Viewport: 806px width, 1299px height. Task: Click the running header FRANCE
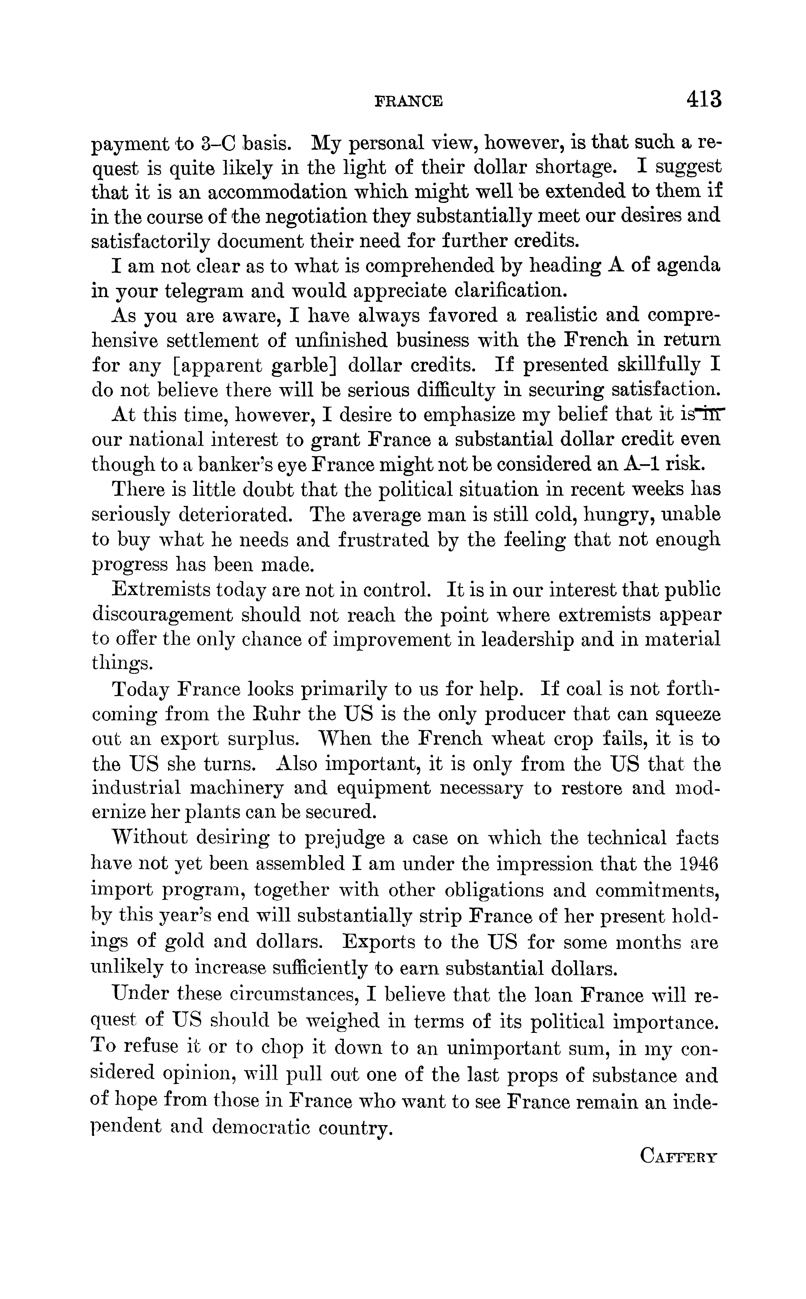click(408, 101)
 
